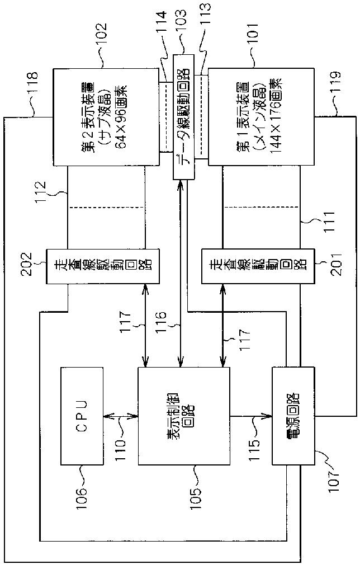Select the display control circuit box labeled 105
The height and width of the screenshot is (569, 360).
[183, 416]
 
